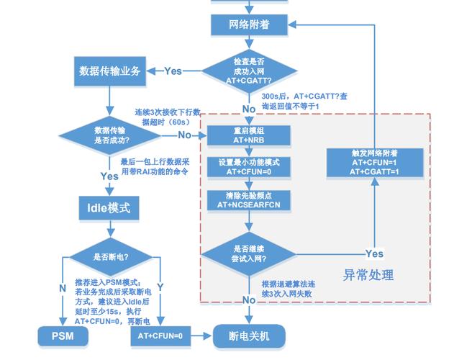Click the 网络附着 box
249,24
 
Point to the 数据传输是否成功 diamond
108,135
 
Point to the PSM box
62,336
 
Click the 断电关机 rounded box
249,336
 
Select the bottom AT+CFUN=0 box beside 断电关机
160,336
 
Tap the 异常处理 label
368,275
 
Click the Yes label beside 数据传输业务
173,71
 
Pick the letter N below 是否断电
63,287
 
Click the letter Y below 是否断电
160,287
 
